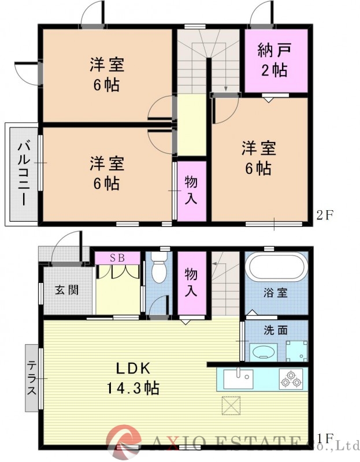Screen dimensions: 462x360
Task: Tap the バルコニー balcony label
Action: coord(23,173)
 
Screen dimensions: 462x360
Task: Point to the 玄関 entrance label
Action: coord(64,290)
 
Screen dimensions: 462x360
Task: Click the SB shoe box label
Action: coord(117,258)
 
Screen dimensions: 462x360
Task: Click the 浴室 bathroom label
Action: coord(276,293)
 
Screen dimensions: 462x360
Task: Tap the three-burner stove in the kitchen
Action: coord(291,379)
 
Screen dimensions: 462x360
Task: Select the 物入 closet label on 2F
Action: coord(191,190)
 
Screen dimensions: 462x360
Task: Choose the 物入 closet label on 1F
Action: coord(191,281)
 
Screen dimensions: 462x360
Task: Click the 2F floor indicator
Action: coord(325,216)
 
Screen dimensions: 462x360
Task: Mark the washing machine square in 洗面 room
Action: coord(297,350)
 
